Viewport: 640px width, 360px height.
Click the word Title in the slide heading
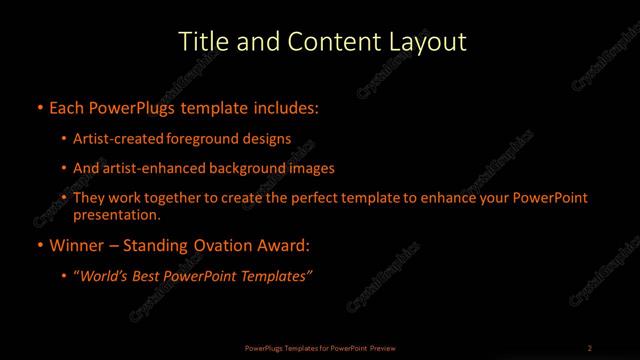pyautogui.click(x=199, y=42)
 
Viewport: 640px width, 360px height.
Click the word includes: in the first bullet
pyautogui.click(x=291, y=105)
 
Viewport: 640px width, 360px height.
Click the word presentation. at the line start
pyautogui.click(x=117, y=214)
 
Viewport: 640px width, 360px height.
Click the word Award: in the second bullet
pyautogui.click(x=284, y=246)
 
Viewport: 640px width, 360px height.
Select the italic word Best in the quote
pyautogui.click(x=152, y=277)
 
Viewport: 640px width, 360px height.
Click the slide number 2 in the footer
pyautogui.click(x=590, y=347)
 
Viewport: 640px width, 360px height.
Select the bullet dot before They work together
pyautogui.click(x=65, y=198)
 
